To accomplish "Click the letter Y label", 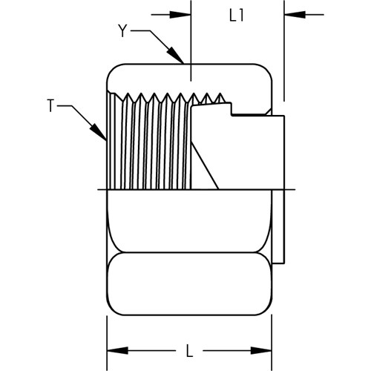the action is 122,31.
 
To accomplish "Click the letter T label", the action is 50,106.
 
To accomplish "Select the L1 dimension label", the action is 237,16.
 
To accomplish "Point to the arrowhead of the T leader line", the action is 99,131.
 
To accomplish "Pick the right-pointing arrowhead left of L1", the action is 180,15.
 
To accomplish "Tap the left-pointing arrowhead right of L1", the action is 295,15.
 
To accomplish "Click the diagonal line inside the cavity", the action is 205,166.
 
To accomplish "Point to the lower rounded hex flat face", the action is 189,283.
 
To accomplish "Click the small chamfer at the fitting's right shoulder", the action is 269,111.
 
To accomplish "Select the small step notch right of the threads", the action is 232,109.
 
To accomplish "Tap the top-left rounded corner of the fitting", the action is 112,69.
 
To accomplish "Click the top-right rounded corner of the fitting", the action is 266,69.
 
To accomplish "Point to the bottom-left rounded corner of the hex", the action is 112,310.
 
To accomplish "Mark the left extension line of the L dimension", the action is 107,343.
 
